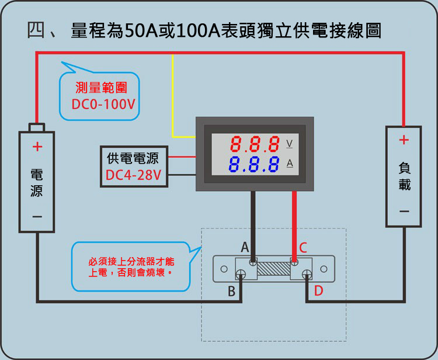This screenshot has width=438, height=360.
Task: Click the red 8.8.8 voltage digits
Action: point(255,144)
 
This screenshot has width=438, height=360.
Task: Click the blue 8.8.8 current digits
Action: point(255,164)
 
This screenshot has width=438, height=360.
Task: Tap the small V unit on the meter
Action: point(289,143)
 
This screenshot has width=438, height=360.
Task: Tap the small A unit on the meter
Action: point(289,164)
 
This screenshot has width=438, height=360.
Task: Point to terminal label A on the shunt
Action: point(245,247)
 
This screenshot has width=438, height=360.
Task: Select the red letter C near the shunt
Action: point(303,248)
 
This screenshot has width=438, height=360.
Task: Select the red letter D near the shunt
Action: point(318,290)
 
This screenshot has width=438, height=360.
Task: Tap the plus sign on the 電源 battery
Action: point(37,147)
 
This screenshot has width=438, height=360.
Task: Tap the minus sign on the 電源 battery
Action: point(37,217)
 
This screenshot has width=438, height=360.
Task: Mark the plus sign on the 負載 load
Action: point(404,140)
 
